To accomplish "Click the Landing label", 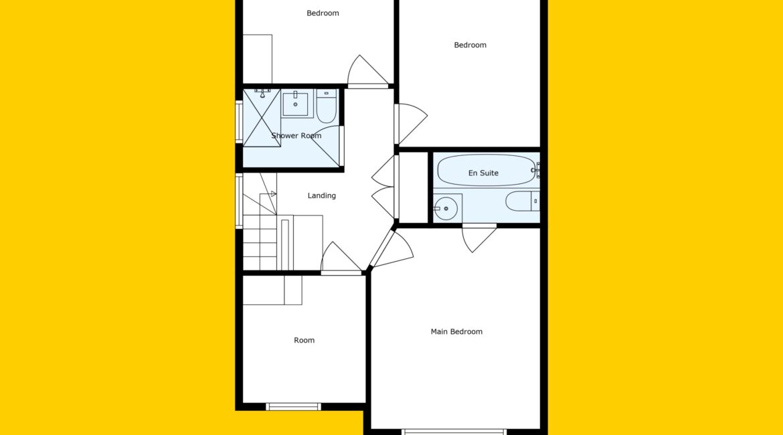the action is click(322, 196).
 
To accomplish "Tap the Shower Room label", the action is click(296, 136).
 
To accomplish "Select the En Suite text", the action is click(483, 173).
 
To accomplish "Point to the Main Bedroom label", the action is click(456, 332).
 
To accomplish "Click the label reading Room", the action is click(304, 340).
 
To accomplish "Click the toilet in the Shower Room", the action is click(327, 106).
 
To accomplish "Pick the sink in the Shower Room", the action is click(296, 102).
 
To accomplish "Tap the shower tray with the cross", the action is click(262, 118).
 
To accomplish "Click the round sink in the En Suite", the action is click(446, 208).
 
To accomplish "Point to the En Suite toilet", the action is click(522, 201).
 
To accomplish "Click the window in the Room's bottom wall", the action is click(293, 406).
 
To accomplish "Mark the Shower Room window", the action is click(239, 122).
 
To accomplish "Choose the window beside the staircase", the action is click(239, 201).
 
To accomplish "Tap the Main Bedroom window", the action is click(454, 432).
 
